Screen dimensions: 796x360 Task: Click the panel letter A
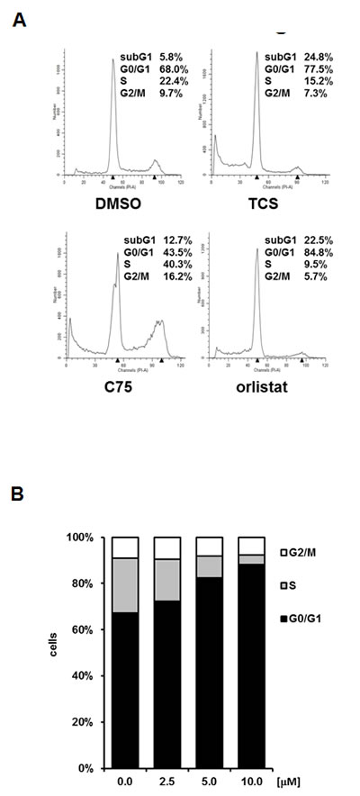[18, 18]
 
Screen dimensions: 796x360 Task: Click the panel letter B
[18, 494]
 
